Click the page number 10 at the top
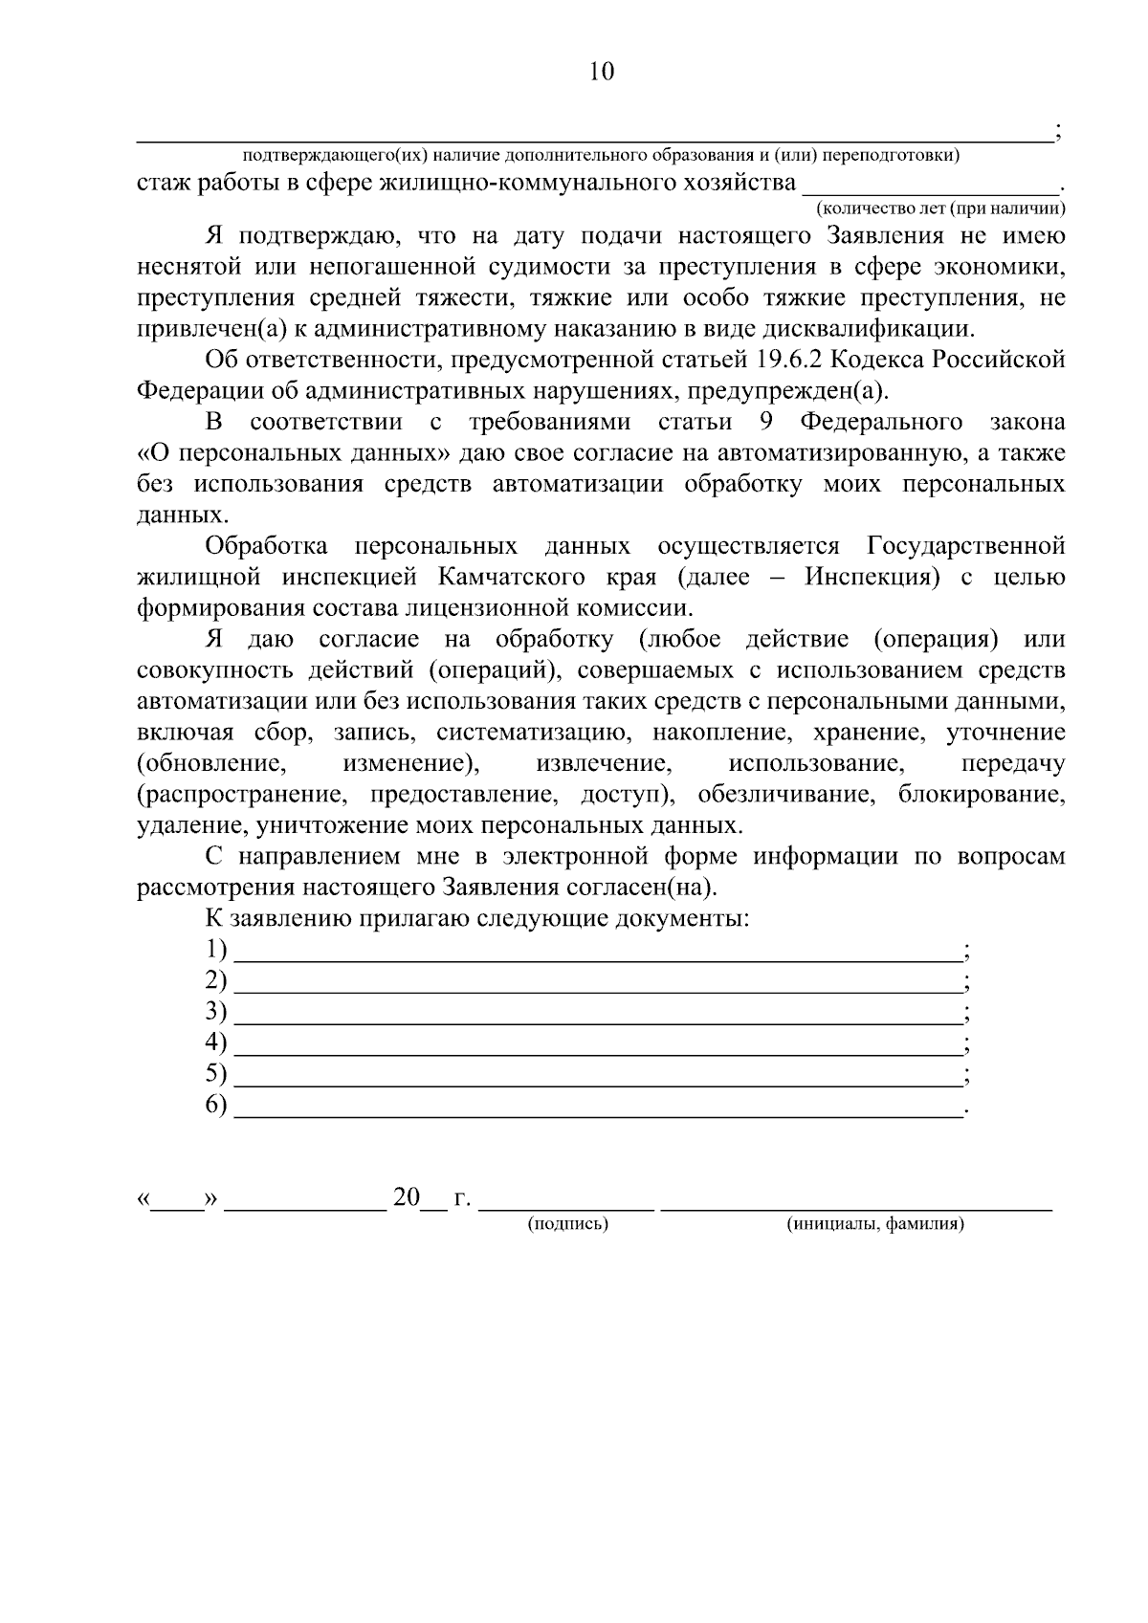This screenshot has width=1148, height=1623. point(602,73)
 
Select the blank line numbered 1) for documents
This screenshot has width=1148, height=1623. point(598,954)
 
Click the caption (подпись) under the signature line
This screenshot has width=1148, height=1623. point(568,1224)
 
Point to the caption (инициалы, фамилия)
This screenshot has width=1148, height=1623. point(874,1224)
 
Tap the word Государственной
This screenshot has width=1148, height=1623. point(965,546)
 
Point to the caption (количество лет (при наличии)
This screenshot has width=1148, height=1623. point(940,208)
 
